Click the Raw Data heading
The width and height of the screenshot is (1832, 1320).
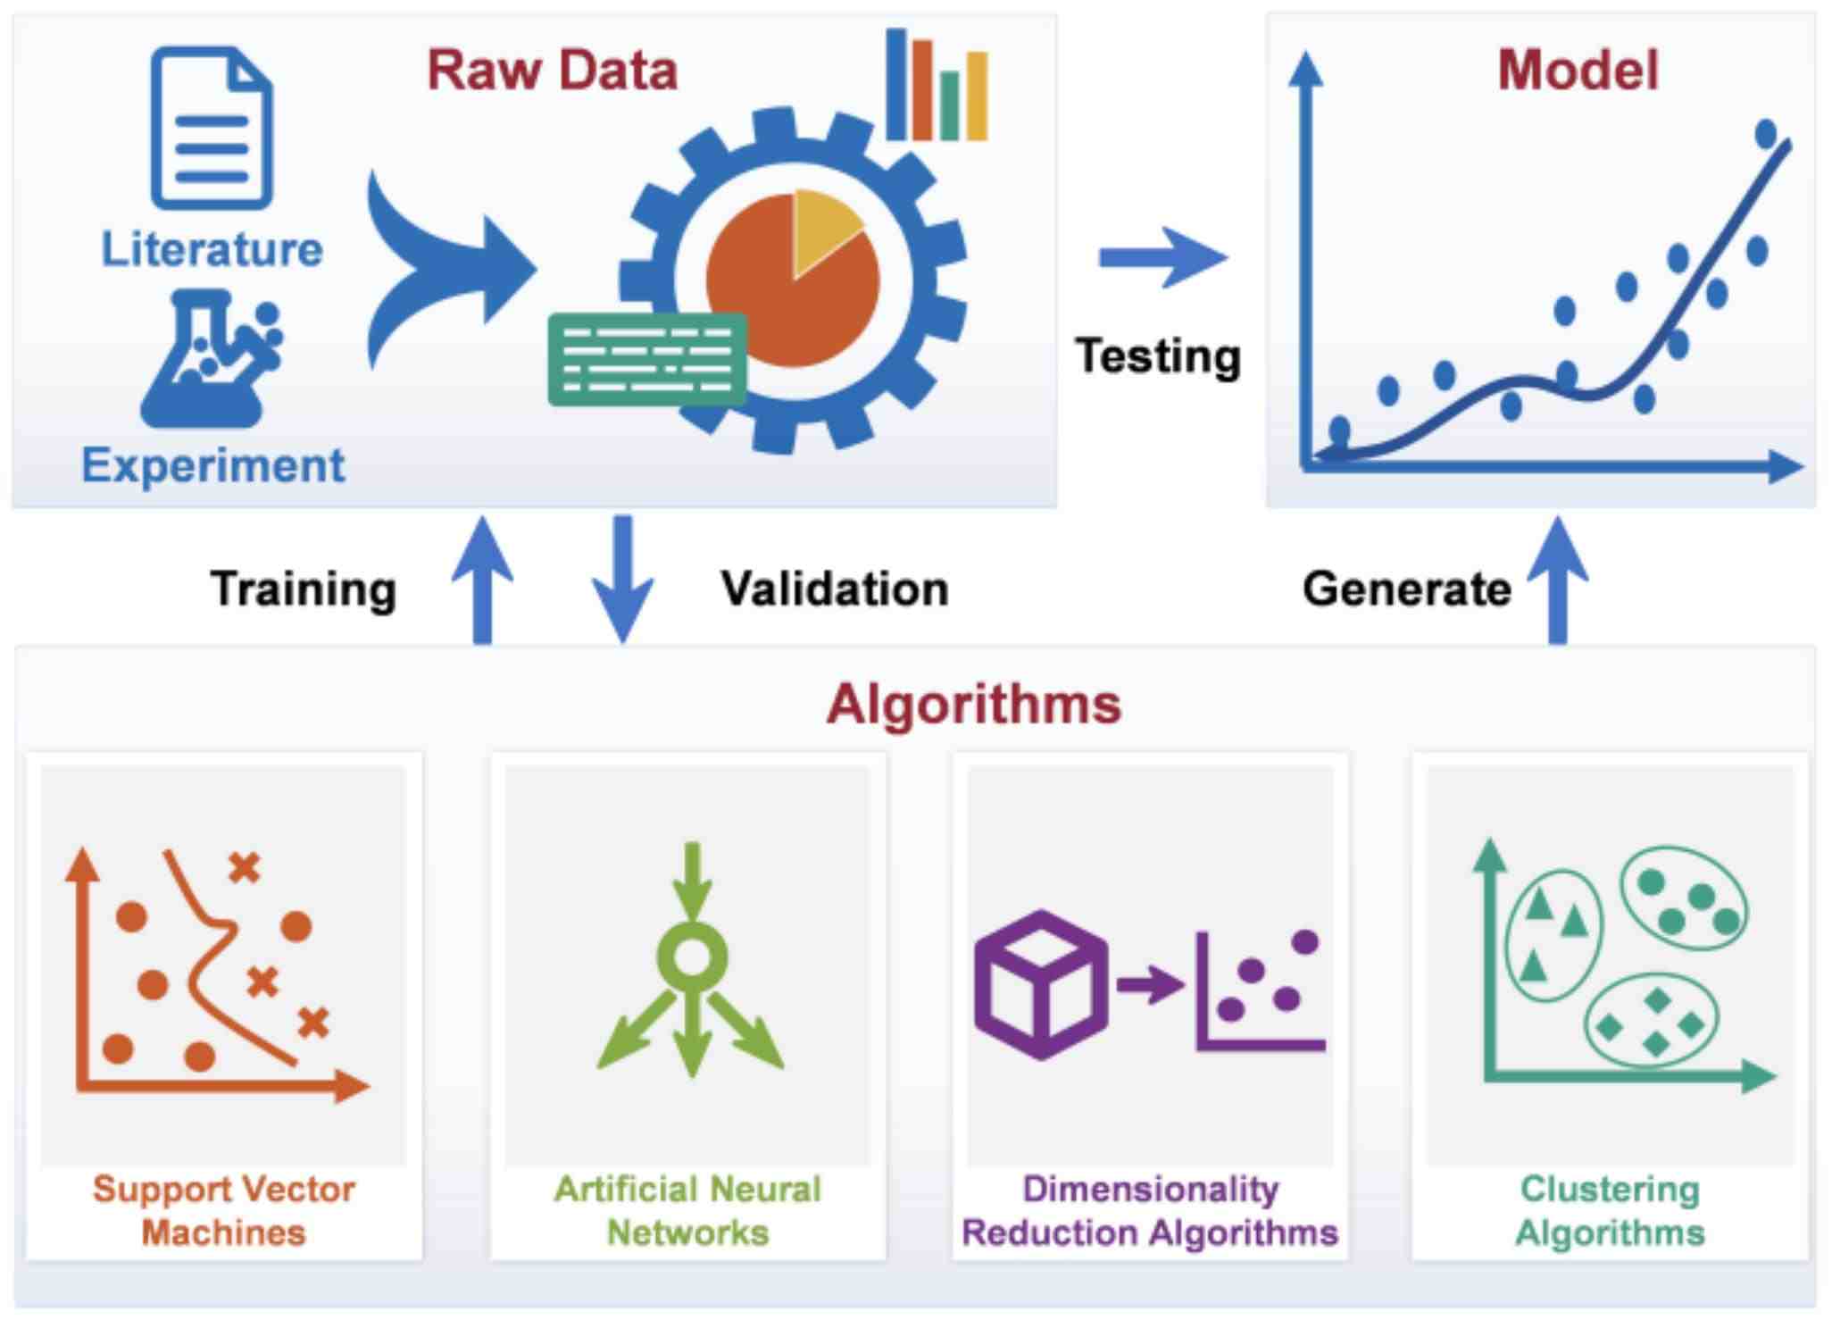tap(553, 71)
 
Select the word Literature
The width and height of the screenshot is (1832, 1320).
tap(212, 249)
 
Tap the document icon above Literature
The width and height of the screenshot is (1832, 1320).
tap(212, 128)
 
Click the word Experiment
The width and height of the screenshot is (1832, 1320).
tap(212, 465)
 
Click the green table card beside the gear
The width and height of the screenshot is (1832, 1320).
tap(647, 360)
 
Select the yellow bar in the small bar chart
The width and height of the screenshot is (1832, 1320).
tap(977, 96)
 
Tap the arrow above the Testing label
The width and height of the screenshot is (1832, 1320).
tap(1163, 258)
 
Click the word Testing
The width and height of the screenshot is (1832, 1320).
tap(1158, 356)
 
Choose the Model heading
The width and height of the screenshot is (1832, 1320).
tap(1578, 71)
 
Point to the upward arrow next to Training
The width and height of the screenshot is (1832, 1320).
tap(482, 580)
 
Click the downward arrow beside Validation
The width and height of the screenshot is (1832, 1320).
tap(622, 580)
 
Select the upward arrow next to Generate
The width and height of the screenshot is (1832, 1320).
tap(1558, 580)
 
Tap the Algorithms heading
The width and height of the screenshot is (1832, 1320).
tap(973, 705)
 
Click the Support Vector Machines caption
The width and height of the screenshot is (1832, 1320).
tap(224, 1211)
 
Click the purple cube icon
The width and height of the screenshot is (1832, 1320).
tap(1041, 985)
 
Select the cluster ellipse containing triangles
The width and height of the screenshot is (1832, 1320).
tap(1554, 932)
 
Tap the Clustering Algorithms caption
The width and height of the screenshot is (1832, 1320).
tap(1610, 1211)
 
